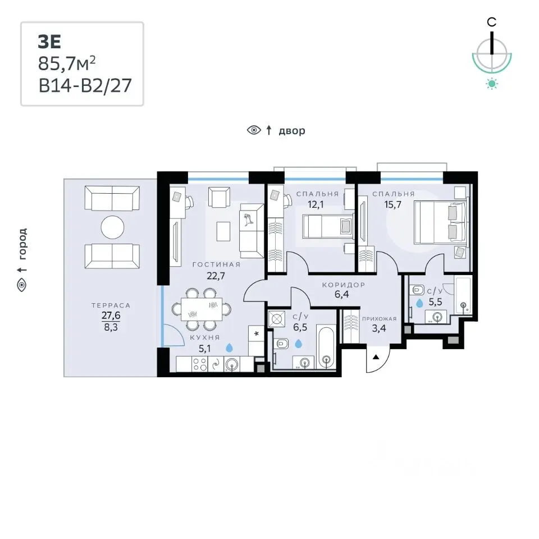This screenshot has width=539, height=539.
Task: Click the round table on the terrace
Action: [112, 227]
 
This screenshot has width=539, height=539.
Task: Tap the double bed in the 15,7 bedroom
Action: [440, 222]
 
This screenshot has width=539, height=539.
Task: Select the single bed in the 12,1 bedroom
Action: [328, 226]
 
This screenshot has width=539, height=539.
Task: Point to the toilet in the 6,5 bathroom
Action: [281, 344]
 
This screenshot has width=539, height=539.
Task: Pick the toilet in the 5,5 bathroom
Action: [417, 290]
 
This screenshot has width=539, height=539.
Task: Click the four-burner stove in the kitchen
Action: [199, 364]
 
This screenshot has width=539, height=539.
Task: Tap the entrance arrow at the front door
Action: [376, 357]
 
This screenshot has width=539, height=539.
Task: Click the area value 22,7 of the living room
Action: [216, 276]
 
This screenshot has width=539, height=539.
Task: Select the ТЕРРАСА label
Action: [111, 305]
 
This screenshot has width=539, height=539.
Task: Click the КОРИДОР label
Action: [344, 285]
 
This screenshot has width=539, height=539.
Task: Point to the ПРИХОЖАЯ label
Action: [379, 319]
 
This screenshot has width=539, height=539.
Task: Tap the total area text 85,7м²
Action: [67, 63]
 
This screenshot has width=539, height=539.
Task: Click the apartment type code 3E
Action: [49, 42]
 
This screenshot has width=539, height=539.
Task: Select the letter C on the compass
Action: [492, 22]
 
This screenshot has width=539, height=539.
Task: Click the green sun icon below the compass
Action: [492, 84]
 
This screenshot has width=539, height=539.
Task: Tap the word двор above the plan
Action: [292, 131]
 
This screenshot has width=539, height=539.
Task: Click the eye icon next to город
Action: [22, 285]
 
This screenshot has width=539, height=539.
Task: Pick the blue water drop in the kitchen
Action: [229, 348]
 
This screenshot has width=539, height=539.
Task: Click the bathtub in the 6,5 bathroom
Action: [326, 348]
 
